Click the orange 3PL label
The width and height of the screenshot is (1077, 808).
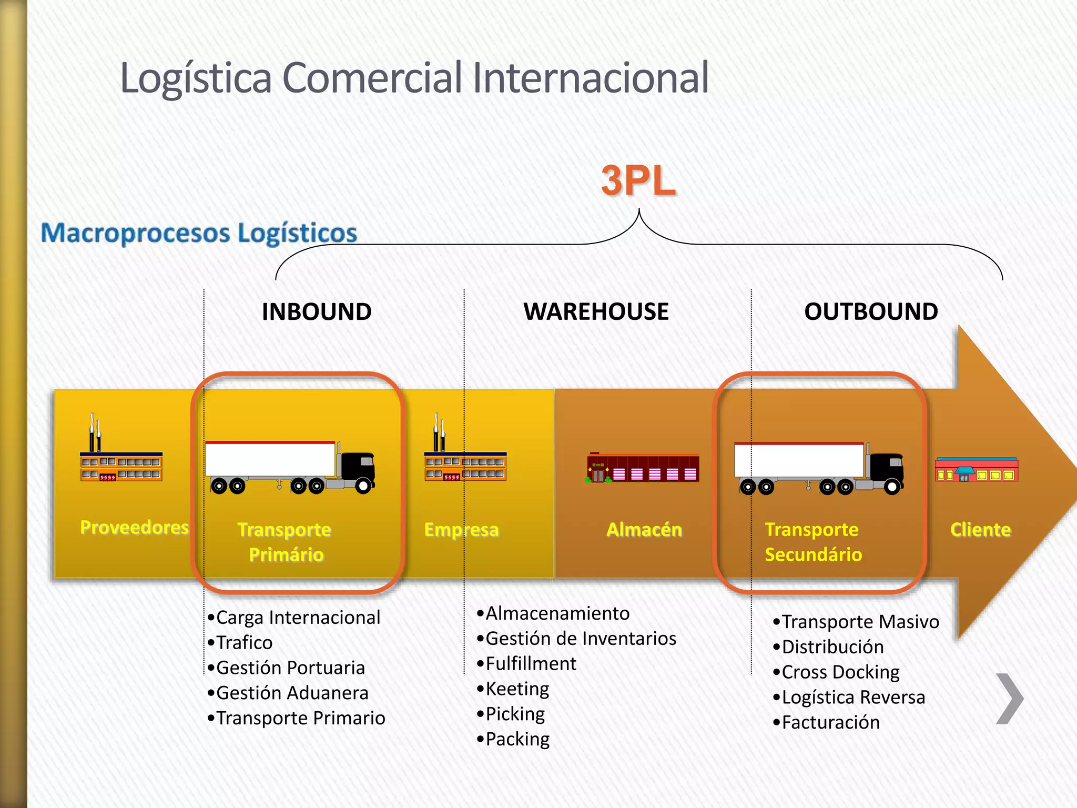tap(638, 181)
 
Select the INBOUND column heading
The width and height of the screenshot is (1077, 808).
tap(317, 312)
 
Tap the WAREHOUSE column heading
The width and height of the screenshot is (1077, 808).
tap(596, 312)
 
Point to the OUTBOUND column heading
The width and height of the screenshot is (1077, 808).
tap(871, 312)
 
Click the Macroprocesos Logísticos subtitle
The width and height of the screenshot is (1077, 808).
tap(199, 233)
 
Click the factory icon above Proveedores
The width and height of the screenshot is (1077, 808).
tap(121, 458)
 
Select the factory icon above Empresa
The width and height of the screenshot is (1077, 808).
tap(465, 458)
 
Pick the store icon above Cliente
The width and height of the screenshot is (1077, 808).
tap(977, 469)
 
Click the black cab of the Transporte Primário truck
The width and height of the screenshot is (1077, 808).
tap(358, 468)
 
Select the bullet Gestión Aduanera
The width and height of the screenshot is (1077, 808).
tap(292, 693)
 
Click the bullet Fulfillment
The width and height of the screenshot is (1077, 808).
tap(531, 664)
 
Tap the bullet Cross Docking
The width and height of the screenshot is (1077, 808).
tap(840, 672)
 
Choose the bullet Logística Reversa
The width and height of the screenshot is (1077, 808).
tap(852, 698)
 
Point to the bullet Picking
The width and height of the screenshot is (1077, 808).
tap(515, 714)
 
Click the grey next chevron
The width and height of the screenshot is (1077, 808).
tap(1010, 699)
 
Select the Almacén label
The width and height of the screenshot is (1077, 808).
tap(644, 530)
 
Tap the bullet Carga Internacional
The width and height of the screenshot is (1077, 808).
tap(298, 618)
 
